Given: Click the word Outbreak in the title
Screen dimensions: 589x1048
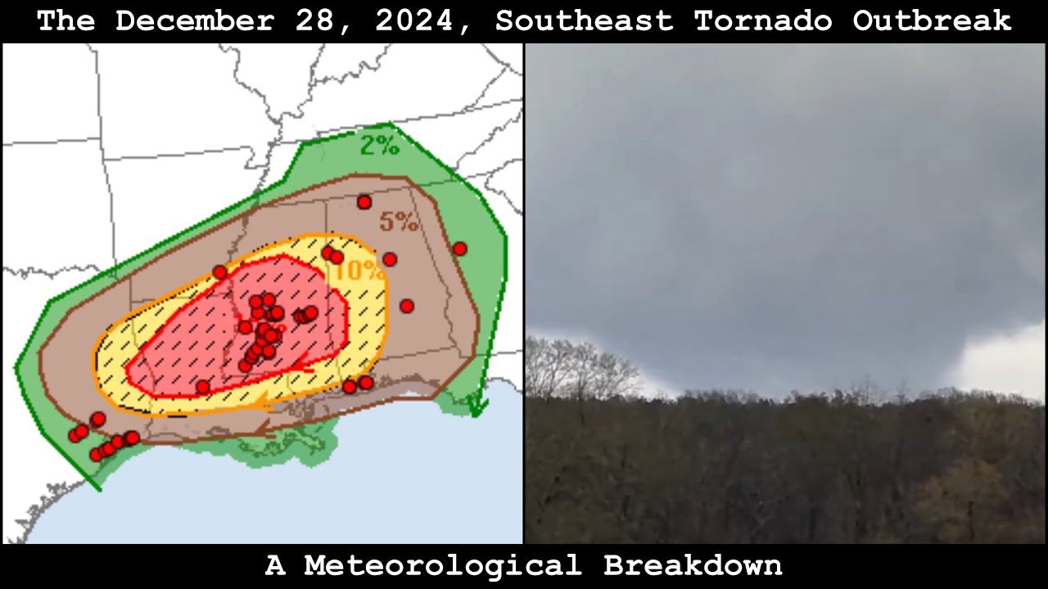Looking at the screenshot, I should tap(931, 20).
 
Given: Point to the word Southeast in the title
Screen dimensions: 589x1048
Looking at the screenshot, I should tap(584, 20).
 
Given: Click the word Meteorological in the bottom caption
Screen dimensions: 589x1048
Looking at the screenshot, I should tap(442, 565).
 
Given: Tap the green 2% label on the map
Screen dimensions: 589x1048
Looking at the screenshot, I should tap(380, 146).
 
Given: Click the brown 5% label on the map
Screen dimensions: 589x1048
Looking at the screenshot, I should tap(399, 222).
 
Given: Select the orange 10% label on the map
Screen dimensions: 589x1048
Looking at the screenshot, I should tap(359, 271).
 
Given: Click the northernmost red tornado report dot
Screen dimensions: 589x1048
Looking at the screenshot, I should tap(364, 202).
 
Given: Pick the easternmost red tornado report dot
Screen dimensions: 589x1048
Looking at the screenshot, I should tap(459, 249).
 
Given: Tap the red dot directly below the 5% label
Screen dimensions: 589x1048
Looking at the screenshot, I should tap(390, 259).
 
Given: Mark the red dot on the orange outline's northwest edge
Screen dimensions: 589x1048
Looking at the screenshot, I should tap(219, 272).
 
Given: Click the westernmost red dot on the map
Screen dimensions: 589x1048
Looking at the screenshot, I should tap(75, 435).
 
